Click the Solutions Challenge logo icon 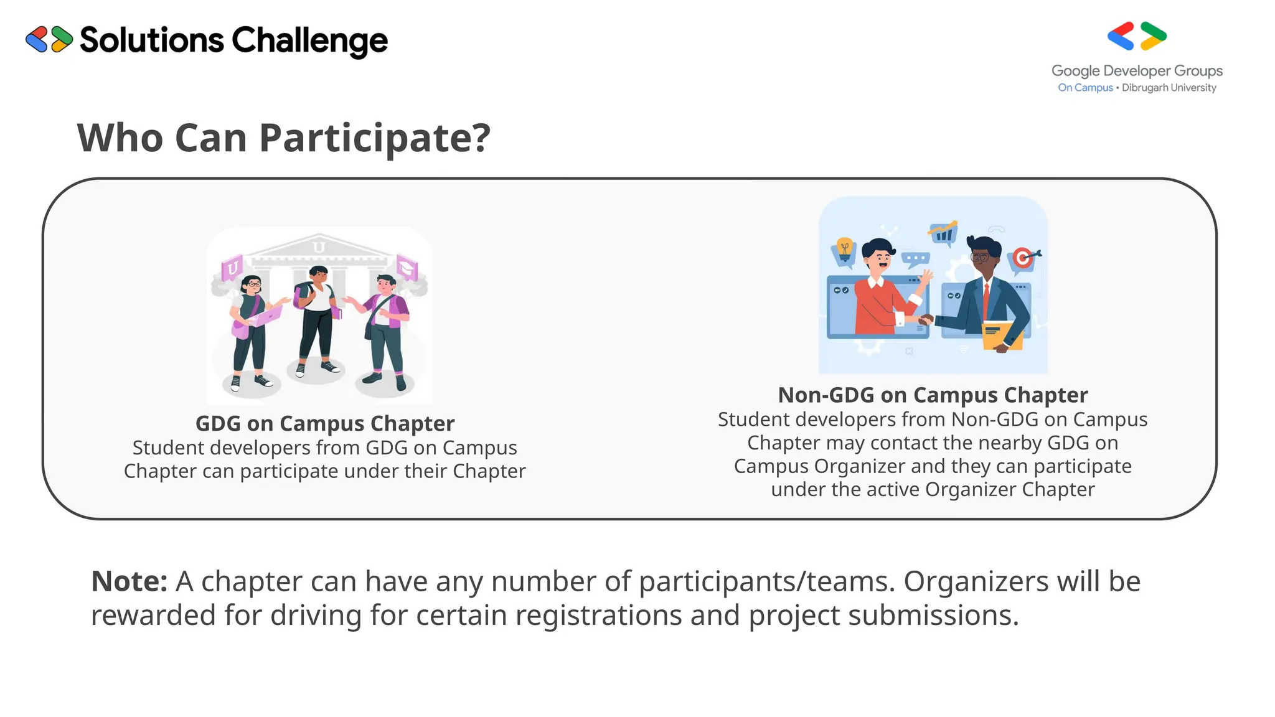(x=49, y=39)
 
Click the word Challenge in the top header (x=309, y=40)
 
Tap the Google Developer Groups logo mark (x=1137, y=36)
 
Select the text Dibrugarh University (x=1169, y=88)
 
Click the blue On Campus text (x=1085, y=88)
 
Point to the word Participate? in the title (x=375, y=138)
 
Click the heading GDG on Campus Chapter (x=324, y=423)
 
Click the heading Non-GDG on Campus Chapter (x=933, y=395)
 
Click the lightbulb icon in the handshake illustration (x=844, y=248)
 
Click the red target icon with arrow (x=1023, y=256)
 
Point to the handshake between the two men (x=926, y=320)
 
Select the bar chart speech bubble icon (x=943, y=232)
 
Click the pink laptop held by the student (x=266, y=317)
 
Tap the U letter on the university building (x=319, y=246)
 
